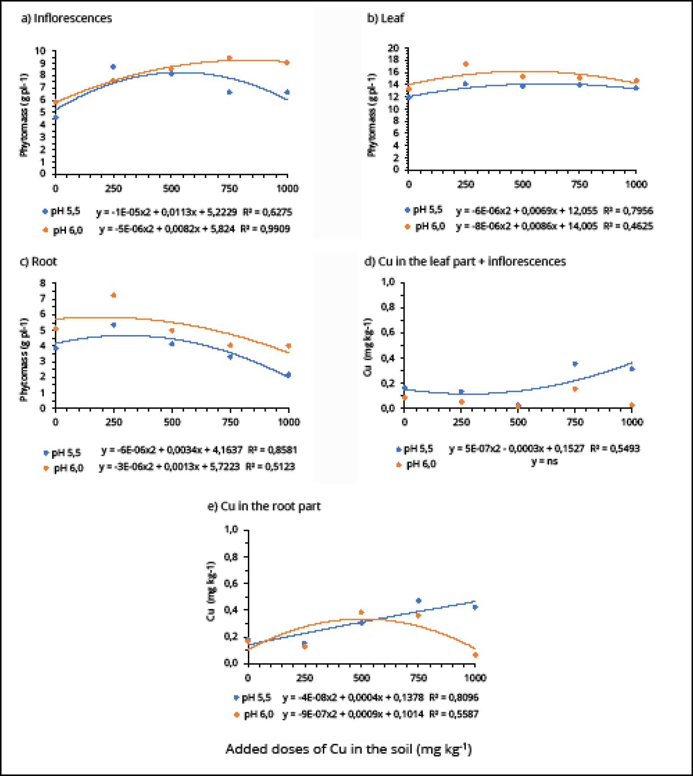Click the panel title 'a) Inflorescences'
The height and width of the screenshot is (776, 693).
pos(67,18)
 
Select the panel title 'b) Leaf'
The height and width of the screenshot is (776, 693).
pos(385,18)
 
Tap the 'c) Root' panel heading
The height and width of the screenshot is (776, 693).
pos(38,262)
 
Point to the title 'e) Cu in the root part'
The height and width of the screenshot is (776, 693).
pos(264,506)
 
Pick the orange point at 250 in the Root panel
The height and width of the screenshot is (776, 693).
pos(113,295)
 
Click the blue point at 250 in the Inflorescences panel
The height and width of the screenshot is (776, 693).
pos(113,67)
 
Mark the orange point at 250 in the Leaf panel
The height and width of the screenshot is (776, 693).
pos(465,64)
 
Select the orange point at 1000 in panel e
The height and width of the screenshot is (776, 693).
pos(475,654)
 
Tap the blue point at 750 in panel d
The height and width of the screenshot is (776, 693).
pos(575,364)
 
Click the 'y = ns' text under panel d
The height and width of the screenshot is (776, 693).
pos(544,461)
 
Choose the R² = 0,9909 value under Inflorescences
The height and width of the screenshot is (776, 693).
pos(265,229)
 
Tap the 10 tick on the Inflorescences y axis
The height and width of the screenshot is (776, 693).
pos(40,51)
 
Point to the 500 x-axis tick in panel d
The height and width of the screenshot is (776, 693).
pos(518,422)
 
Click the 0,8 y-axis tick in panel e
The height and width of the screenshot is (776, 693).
pos(231,557)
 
